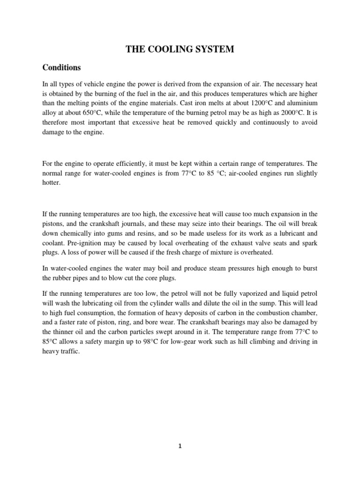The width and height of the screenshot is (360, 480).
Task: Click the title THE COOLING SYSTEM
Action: click(x=180, y=49)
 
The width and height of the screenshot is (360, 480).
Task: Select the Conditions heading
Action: click(x=61, y=67)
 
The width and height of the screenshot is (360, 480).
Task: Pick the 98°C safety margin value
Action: click(x=143, y=342)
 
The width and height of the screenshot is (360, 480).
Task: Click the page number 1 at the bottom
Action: click(x=180, y=447)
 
